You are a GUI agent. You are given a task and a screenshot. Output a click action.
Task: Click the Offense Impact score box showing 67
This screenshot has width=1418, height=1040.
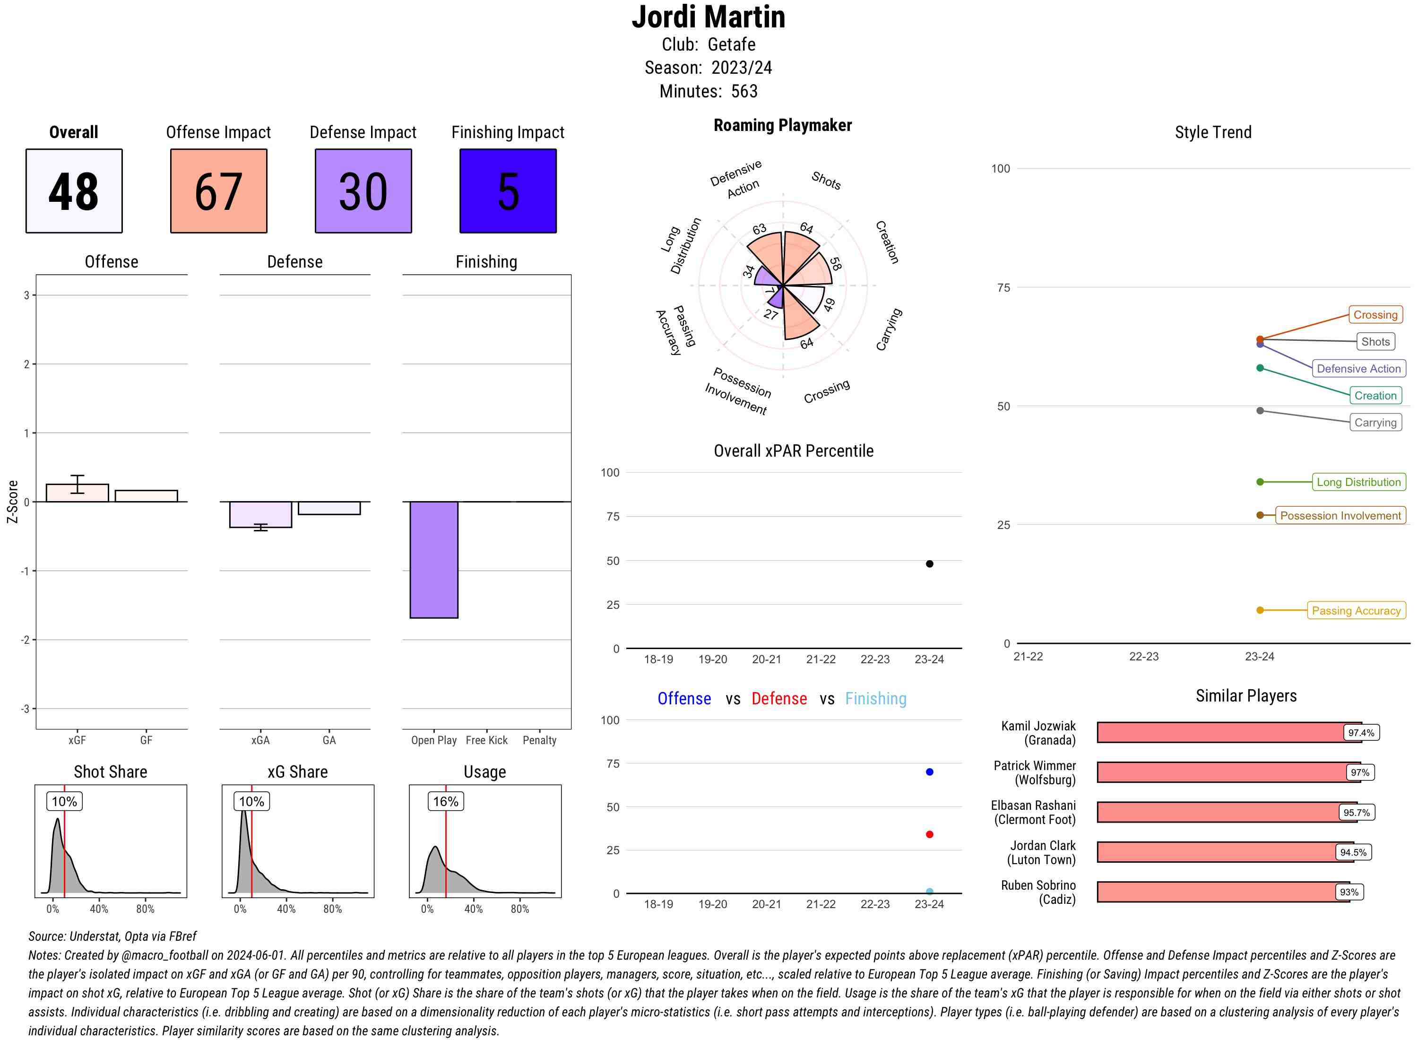[218, 191]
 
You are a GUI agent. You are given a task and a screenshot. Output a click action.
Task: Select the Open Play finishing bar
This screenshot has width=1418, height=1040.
[433, 559]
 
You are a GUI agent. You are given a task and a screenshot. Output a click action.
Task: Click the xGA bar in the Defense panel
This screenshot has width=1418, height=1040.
[260, 514]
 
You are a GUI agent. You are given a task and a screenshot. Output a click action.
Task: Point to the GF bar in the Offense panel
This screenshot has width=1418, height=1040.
[146, 495]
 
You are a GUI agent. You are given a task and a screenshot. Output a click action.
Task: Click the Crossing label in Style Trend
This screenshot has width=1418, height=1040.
[1375, 315]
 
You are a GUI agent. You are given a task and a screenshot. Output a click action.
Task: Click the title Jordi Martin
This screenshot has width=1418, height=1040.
[708, 17]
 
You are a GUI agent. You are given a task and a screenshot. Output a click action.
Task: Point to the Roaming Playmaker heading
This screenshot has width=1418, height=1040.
[782, 125]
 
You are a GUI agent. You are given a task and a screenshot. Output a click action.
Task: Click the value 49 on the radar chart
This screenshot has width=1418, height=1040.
[829, 305]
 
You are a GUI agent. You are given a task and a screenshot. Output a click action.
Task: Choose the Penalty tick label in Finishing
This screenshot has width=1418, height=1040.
[539, 740]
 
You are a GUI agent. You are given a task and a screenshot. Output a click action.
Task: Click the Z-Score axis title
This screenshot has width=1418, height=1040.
[12, 501]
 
